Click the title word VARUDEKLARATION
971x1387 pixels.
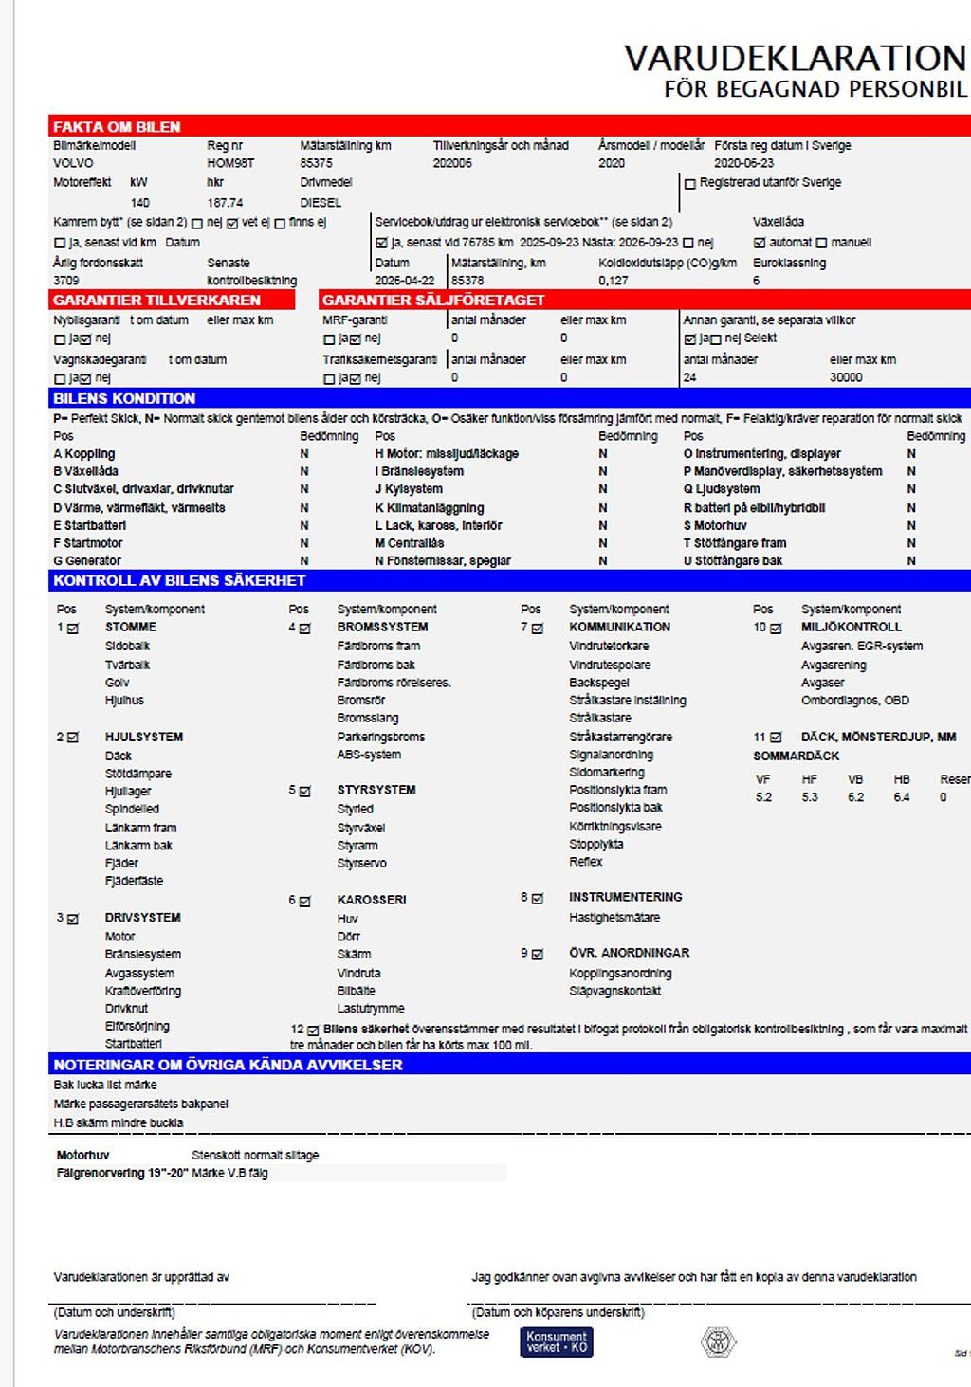(x=795, y=58)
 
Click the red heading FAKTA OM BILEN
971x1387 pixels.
(x=117, y=127)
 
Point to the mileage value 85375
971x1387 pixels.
(x=316, y=163)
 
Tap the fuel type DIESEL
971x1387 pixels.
(x=321, y=202)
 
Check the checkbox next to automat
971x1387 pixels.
(x=760, y=243)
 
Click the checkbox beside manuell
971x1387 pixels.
(x=822, y=243)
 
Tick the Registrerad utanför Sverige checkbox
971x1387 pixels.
(x=690, y=184)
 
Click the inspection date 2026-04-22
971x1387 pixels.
(x=405, y=281)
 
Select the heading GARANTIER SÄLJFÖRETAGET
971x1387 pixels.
(x=433, y=300)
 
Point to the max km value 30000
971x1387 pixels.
(x=846, y=377)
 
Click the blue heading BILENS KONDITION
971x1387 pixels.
(x=124, y=398)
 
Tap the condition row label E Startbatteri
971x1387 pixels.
(x=90, y=525)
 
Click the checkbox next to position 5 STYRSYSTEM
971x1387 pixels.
(x=305, y=792)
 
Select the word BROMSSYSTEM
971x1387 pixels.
(x=382, y=627)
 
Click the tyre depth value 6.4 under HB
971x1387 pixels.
(x=901, y=797)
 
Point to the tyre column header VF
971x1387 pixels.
(x=762, y=779)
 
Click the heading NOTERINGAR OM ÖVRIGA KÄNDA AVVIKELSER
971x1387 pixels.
(x=228, y=1065)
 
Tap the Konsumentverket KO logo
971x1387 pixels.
(x=557, y=1341)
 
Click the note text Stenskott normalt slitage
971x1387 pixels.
(x=255, y=1155)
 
